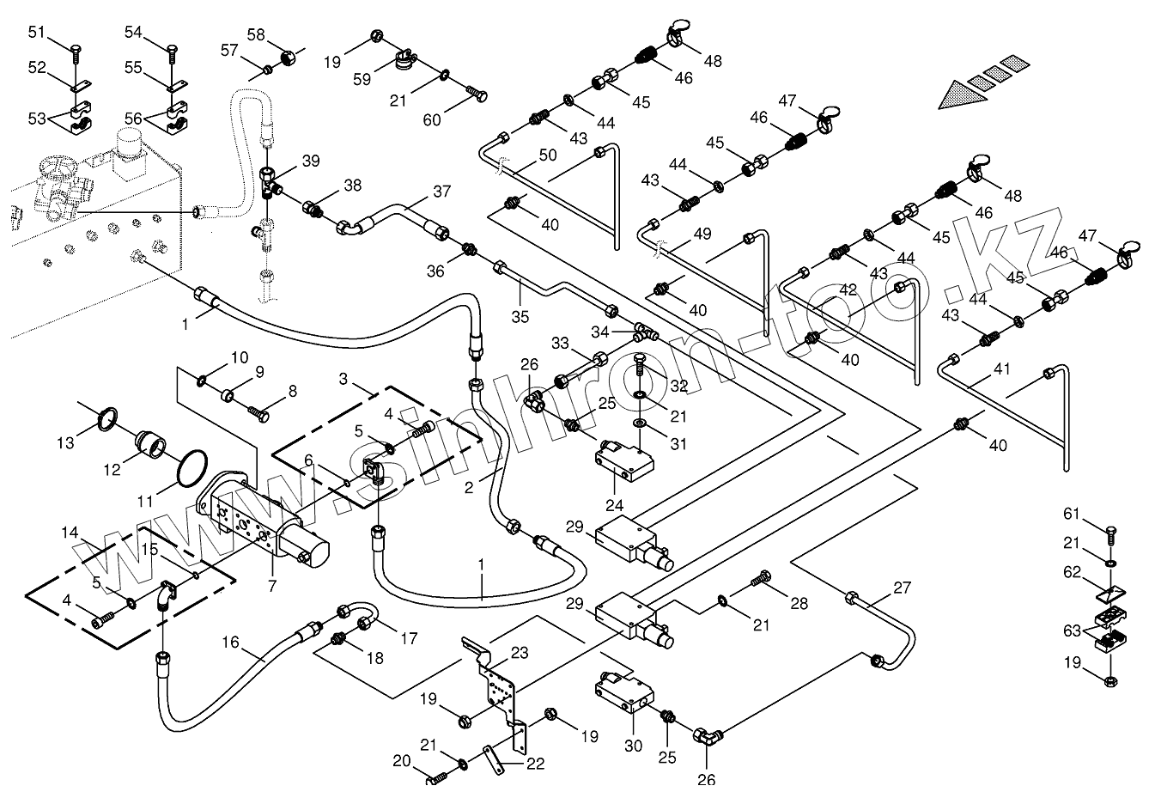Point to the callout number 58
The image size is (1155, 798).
tap(256, 34)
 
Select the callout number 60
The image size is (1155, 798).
tap(432, 119)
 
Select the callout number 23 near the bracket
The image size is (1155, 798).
tap(520, 653)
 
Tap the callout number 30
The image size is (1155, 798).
tap(633, 746)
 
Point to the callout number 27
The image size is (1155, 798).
tap(902, 588)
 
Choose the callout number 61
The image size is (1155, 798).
tap(1071, 514)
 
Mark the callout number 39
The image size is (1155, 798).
tap(310, 161)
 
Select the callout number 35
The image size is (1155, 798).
tap(520, 316)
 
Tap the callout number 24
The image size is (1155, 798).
tap(615, 505)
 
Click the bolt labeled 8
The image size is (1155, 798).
tap(258, 413)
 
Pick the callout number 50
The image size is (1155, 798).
tap(548, 155)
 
